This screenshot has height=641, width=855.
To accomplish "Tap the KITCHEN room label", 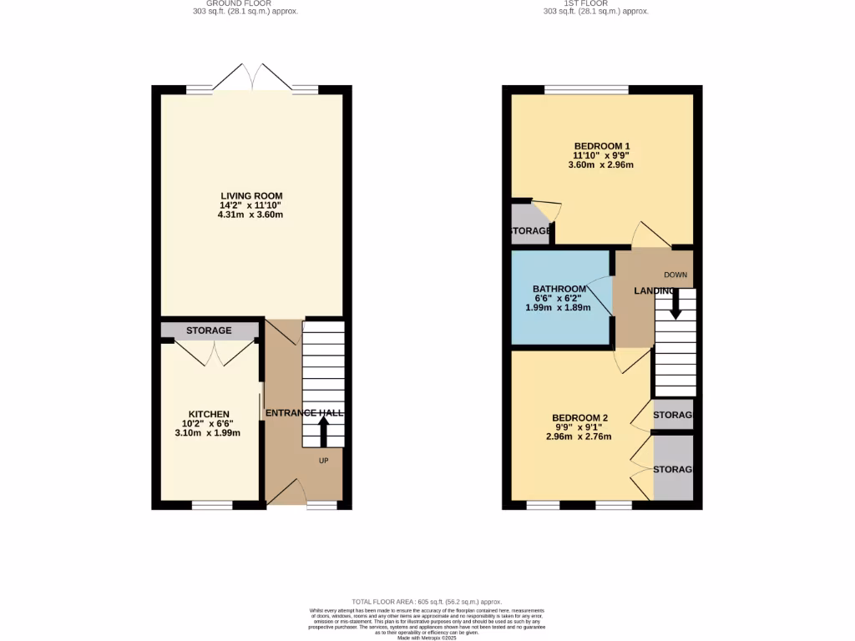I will (208, 414).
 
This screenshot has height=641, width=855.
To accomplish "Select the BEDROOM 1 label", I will (601, 146).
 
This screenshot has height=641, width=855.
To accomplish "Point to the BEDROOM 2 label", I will (579, 418).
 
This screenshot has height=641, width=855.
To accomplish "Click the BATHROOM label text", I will (559, 289).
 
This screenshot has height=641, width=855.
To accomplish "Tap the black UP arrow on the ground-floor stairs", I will (323, 432).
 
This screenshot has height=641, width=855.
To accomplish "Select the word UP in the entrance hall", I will (324, 460).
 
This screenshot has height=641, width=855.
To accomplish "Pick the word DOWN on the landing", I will (675, 275).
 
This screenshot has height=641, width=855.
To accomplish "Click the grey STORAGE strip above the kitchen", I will (209, 331).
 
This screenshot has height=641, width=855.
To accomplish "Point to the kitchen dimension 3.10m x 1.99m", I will (208, 433).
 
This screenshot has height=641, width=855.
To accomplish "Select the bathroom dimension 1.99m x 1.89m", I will (558, 307).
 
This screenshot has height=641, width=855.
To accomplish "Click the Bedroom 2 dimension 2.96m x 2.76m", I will (579, 437).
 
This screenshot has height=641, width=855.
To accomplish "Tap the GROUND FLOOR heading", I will (238, 3).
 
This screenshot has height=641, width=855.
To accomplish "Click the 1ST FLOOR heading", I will (595, 3).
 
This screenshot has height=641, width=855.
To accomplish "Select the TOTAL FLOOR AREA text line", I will (427, 602).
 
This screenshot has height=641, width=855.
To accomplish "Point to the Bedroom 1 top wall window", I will (586, 89).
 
